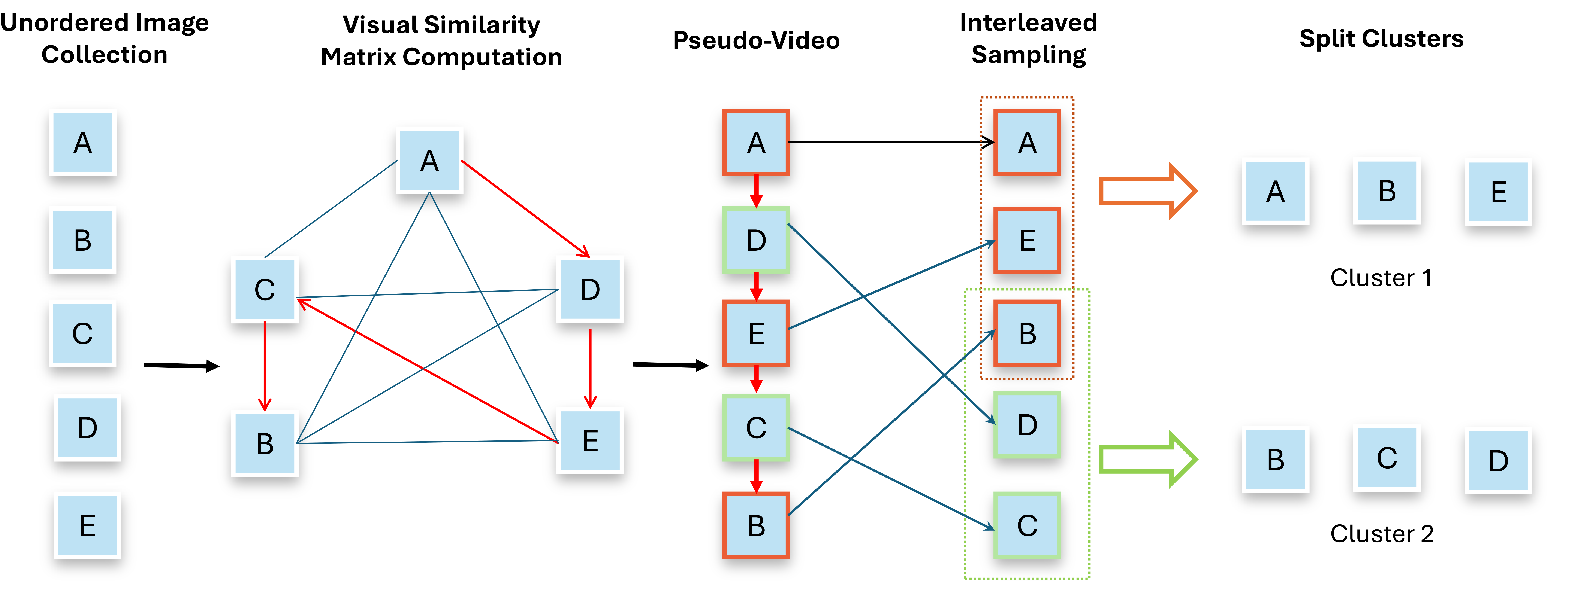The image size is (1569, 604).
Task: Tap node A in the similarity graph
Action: pos(429,161)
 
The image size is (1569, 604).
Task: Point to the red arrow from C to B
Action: pos(264,365)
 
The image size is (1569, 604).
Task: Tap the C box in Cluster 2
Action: pos(1387,458)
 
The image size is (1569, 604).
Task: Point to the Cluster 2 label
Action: pos(1381,534)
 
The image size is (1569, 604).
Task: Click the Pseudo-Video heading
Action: pos(756,40)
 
